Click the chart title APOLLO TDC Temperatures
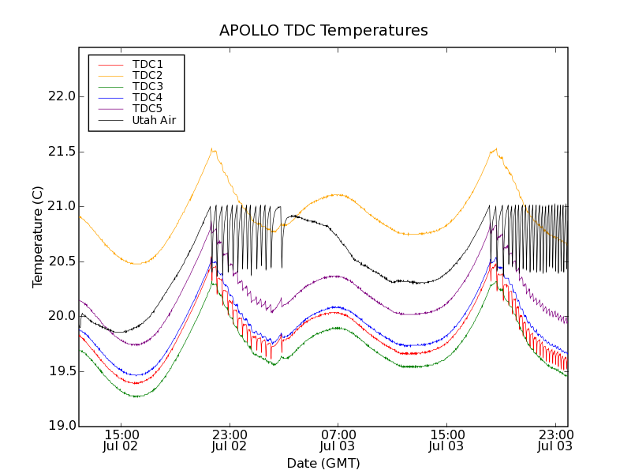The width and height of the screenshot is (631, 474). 323,31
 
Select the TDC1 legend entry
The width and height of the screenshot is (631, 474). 147,64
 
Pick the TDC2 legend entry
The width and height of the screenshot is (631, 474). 147,75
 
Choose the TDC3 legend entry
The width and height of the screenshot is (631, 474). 147,86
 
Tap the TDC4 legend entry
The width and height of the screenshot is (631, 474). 147,97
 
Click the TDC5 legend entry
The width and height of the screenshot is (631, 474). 147,108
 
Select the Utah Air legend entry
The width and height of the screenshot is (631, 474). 154,120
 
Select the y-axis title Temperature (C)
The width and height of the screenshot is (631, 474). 38,237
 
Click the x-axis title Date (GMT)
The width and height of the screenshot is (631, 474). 323,463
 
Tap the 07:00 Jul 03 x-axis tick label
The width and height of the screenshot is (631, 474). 338,440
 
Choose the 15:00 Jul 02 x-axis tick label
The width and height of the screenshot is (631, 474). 121,440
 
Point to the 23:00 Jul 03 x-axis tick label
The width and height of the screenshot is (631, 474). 555,440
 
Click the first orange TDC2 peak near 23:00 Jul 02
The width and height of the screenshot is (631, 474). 211,149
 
